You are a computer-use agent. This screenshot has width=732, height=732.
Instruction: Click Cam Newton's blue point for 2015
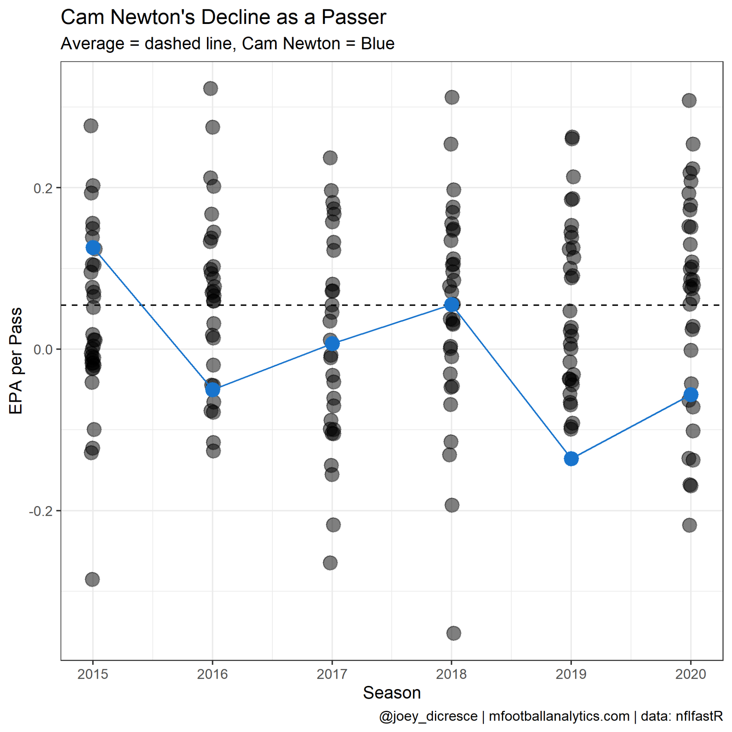pyautogui.click(x=93, y=248)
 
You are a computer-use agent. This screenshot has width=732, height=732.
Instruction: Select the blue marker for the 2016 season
pyautogui.click(x=213, y=390)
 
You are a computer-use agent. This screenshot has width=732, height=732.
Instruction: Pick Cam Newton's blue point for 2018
pyautogui.click(x=452, y=305)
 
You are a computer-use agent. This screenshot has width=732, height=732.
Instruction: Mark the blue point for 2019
pyautogui.click(x=572, y=459)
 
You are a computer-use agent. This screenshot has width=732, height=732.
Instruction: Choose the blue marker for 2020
pyautogui.click(x=691, y=395)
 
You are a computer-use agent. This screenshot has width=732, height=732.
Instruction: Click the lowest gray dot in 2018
pyautogui.click(x=454, y=633)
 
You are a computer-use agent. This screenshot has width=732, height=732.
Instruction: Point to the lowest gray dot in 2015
pyautogui.click(x=93, y=579)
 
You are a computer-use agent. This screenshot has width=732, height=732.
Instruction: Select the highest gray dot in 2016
pyautogui.click(x=211, y=89)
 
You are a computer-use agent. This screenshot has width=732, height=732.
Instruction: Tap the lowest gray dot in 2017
pyautogui.click(x=330, y=563)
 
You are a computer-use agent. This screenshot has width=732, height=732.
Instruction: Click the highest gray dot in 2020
pyautogui.click(x=689, y=100)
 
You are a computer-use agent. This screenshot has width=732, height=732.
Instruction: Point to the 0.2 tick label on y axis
pyautogui.click(x=43, y=188)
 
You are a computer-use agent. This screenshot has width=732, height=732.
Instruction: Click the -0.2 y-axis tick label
pyautogui.click(x=41, y=511)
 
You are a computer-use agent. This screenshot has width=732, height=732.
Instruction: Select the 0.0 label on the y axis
pyautogui.click(x=43, y=349)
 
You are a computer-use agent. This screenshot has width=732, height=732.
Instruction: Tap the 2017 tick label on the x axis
pyautogui.click(x=332, y=674)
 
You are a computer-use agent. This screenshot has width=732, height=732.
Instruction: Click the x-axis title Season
pyautogui.click(x=392, y=693)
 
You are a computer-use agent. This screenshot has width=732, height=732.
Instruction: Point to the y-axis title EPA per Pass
pyautogui.click(x=16, y=361)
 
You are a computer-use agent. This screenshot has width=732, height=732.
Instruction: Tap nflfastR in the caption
pyautogui.click(x=704, y=716)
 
